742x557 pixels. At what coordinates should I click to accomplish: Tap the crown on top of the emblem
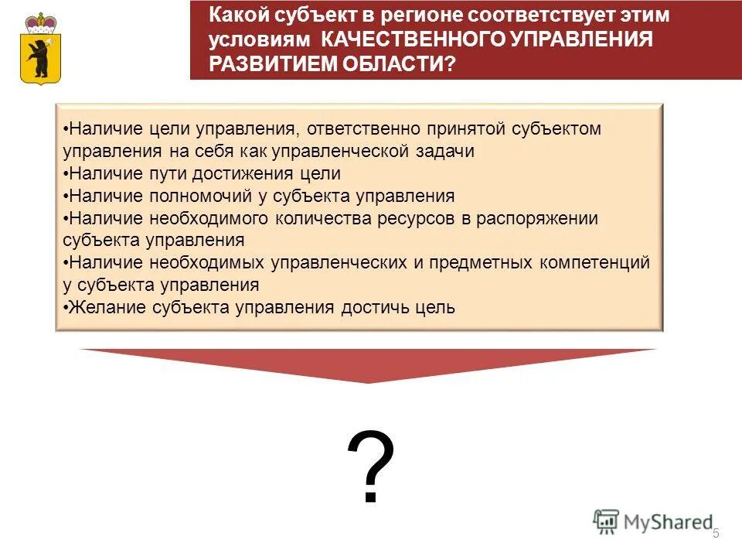pos(36,21)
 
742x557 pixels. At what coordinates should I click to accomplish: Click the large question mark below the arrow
pos(370,466)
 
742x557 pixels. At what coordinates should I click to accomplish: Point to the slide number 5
pos(716,534)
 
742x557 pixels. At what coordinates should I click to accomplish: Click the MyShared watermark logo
pos(653,522)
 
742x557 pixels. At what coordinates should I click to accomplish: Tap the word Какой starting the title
pos(241,15)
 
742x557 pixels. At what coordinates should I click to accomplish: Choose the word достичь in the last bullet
pos(366,308)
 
